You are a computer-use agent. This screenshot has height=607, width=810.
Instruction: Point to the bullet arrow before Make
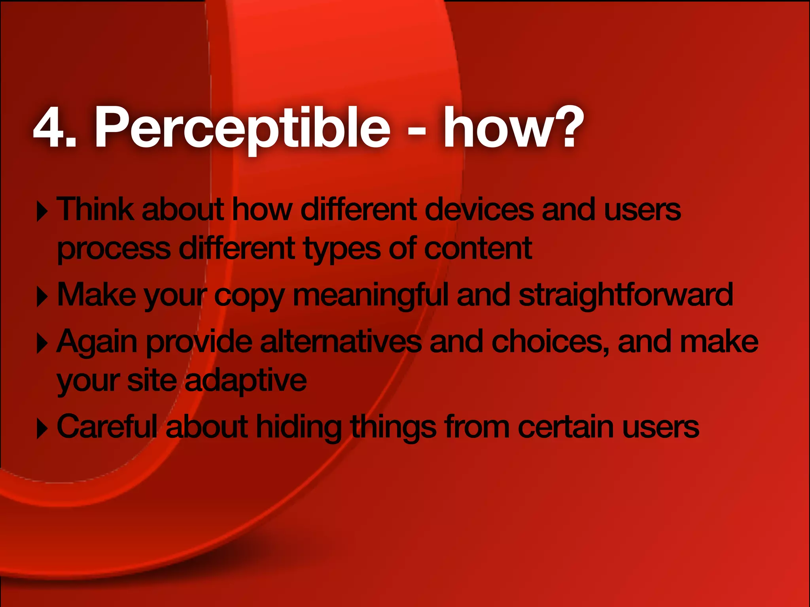coord(42,297)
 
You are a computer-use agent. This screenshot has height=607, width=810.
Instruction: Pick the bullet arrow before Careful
coord(42,429)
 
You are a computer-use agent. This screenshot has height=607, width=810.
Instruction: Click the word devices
coord(479,209)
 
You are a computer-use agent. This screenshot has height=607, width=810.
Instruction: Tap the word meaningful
coord(371,296)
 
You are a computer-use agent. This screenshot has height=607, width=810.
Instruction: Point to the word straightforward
coord(626,296)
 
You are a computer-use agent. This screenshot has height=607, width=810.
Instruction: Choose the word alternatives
coord(341,342)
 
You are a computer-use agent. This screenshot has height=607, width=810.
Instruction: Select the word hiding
coord(299,428)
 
